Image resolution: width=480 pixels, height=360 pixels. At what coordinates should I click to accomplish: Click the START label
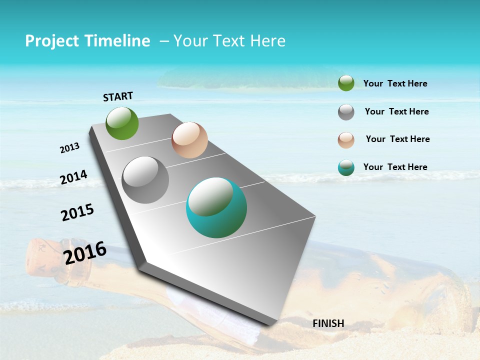click(x=118, y=96)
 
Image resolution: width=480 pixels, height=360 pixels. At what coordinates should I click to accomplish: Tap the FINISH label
click(x=328, y=323)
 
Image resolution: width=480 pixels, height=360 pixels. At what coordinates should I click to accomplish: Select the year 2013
click(x=69, y=148)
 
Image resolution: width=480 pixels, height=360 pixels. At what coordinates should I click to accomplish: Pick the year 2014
click(x=73, y=177)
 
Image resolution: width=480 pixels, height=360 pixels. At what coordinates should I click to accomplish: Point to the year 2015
click(x=77, y=212)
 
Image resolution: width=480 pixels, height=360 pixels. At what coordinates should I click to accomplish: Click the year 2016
click(x=85, y=253)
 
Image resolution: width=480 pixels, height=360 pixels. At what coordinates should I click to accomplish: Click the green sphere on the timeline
click(x=122, y=123)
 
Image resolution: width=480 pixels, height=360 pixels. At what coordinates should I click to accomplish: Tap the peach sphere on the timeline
click(x=189, y=140)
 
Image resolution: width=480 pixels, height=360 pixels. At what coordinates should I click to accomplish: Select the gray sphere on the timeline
click(x=145, y=180)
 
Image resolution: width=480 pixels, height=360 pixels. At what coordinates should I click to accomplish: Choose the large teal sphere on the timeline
click(x=216, y=207)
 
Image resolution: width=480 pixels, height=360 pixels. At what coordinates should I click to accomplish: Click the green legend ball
click(x=346, y=83)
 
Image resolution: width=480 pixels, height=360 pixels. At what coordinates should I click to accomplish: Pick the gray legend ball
click(x=346, y=112)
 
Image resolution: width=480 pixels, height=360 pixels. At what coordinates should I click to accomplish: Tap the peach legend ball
click(x=346, y=140)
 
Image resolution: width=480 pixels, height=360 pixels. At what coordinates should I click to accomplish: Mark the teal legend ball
click(x=346, y=168)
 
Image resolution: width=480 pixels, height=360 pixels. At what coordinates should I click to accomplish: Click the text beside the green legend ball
click(x=395, y=83)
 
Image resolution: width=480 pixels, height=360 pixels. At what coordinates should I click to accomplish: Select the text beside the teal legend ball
click(x=395, y=167)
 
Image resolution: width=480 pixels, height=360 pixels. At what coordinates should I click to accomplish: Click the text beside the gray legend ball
click(x=396, y=111)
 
